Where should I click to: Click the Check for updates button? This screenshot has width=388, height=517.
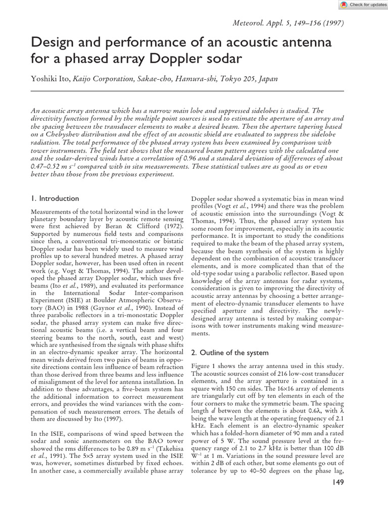[359, 5]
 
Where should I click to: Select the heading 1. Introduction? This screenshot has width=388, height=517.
[55, 198]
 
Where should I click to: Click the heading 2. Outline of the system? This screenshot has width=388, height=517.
[227, 352]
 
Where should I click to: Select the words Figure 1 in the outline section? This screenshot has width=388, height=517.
[203, 366]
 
